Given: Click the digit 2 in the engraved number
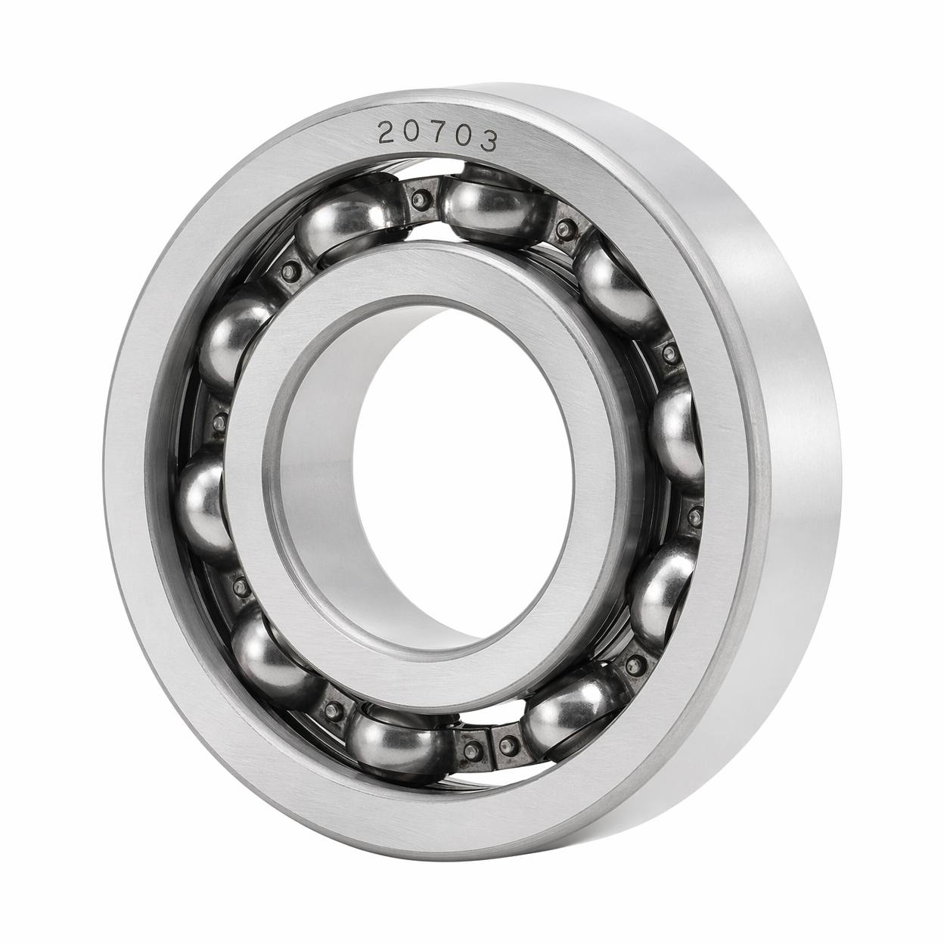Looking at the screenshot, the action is (387, 133).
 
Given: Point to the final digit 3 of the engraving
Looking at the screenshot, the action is (488, 141).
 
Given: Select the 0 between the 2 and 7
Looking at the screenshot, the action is (411, 133).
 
